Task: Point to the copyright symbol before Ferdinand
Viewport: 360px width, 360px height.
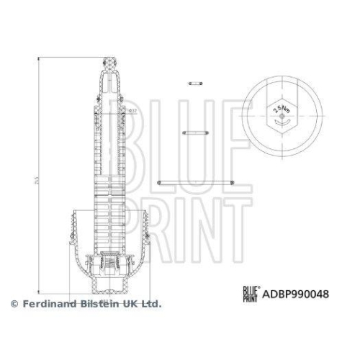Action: coord(14,305)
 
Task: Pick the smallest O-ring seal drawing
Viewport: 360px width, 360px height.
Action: coord(192,84)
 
